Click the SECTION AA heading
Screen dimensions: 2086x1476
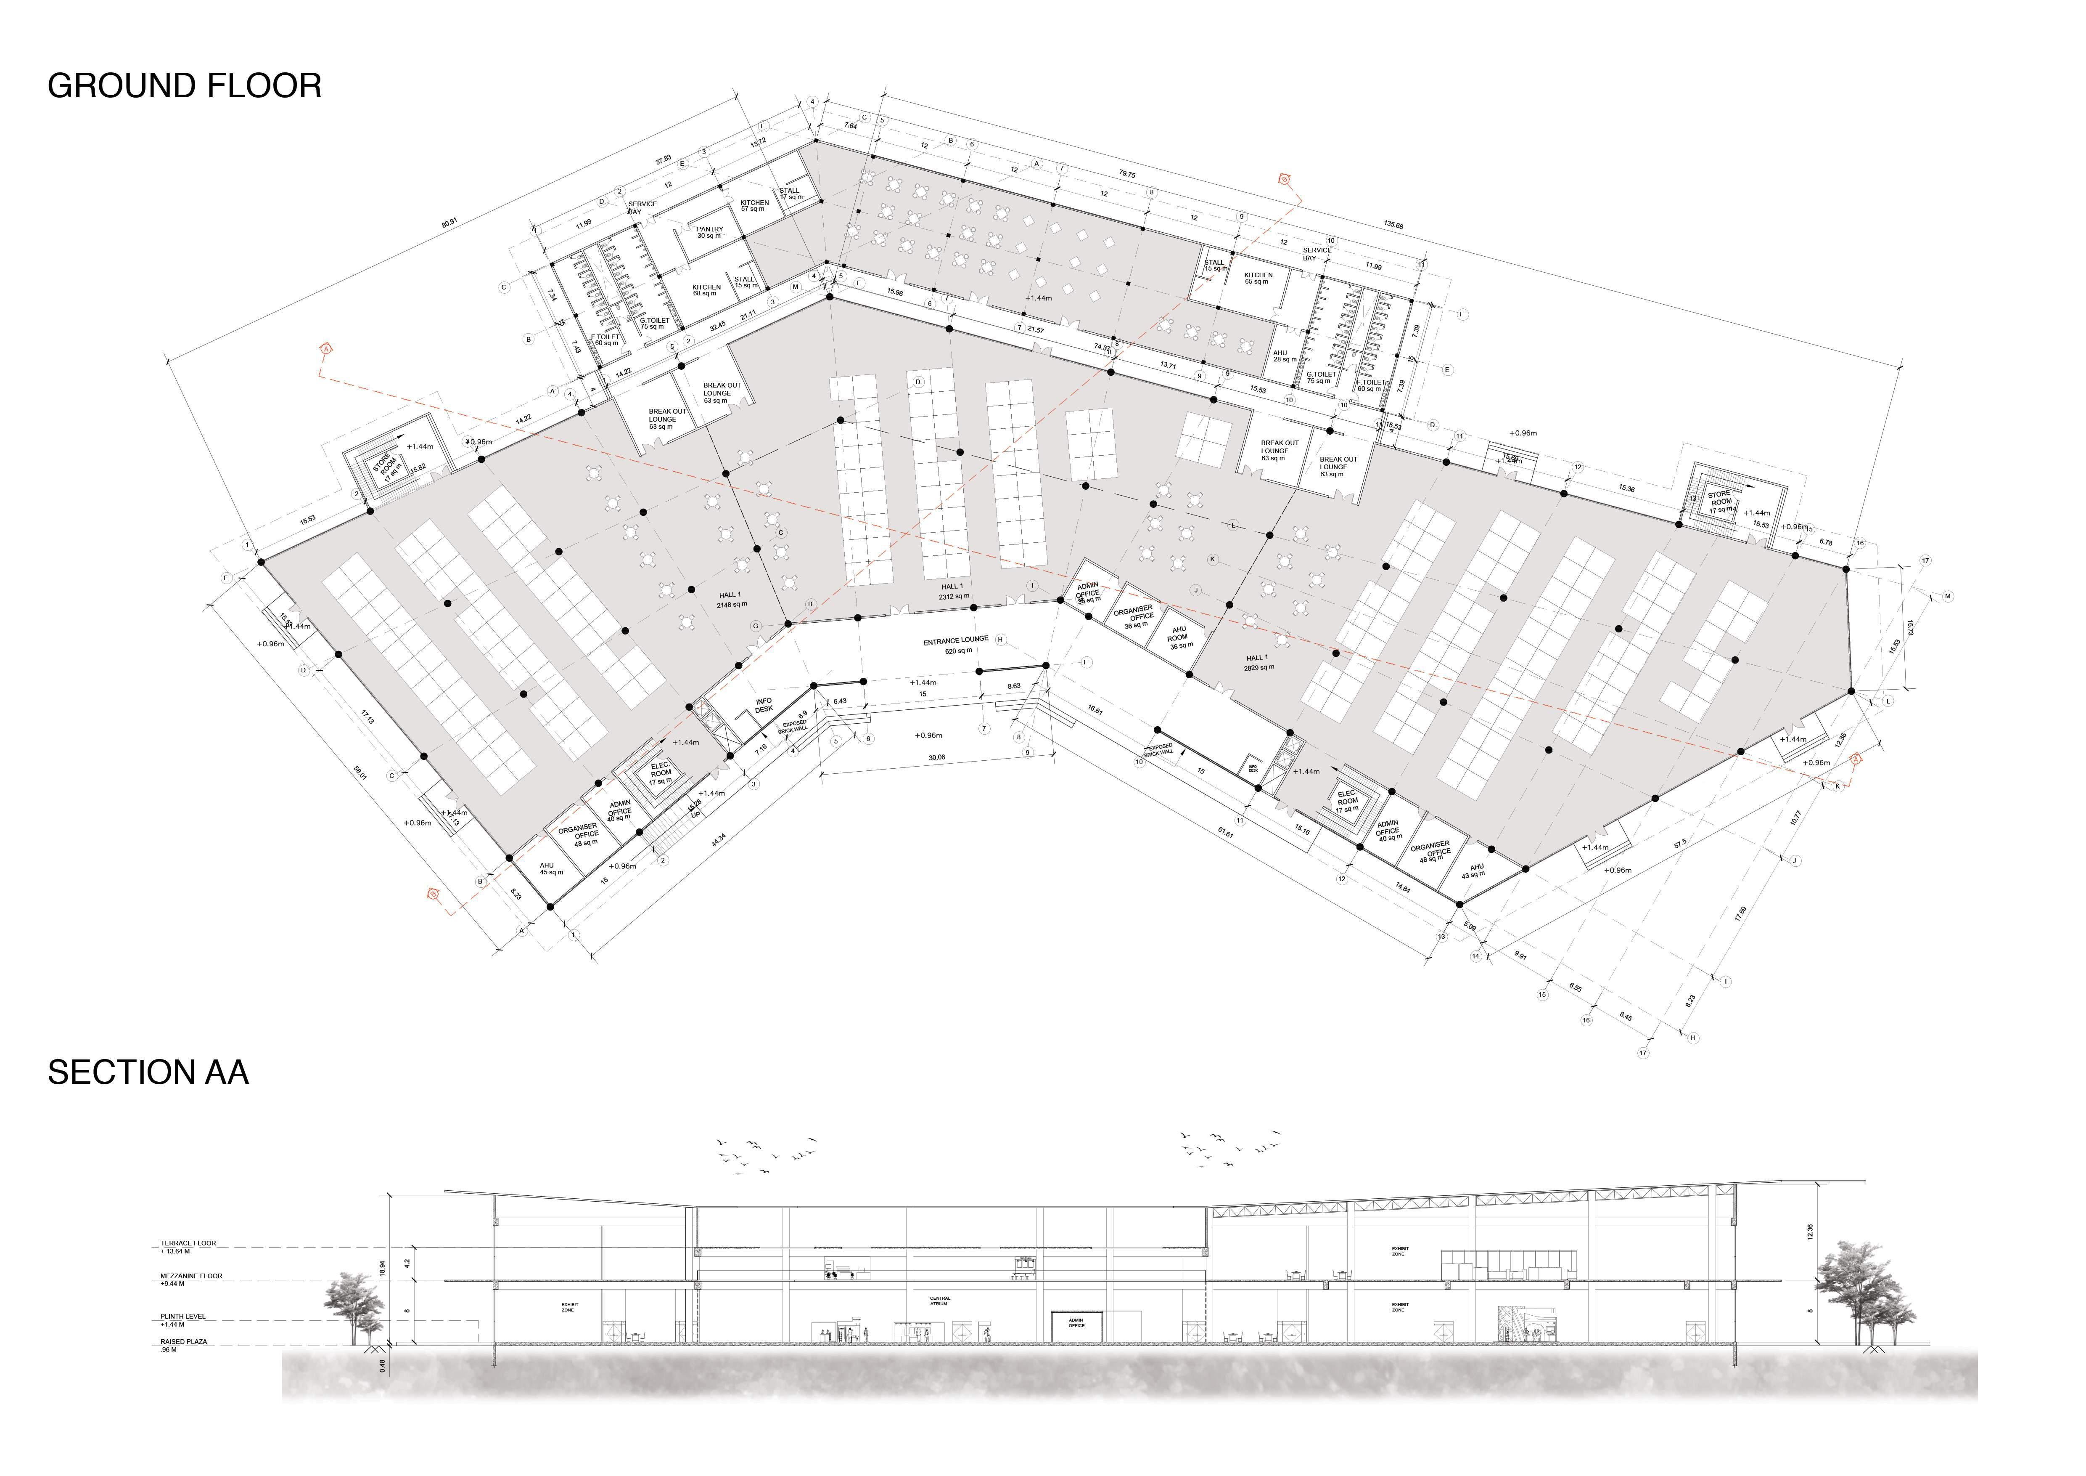click(x=148, y=1072)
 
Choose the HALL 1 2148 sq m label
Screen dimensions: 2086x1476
click(x=731, y=600)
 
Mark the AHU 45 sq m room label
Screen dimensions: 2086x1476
click(x=550, y=869)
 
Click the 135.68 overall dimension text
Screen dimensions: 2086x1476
click(x=1393, y=225)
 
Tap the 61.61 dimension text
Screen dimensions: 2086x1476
click(x=1226, y=831)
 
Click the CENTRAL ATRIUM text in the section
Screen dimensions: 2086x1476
click(x=939, y=1301)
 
